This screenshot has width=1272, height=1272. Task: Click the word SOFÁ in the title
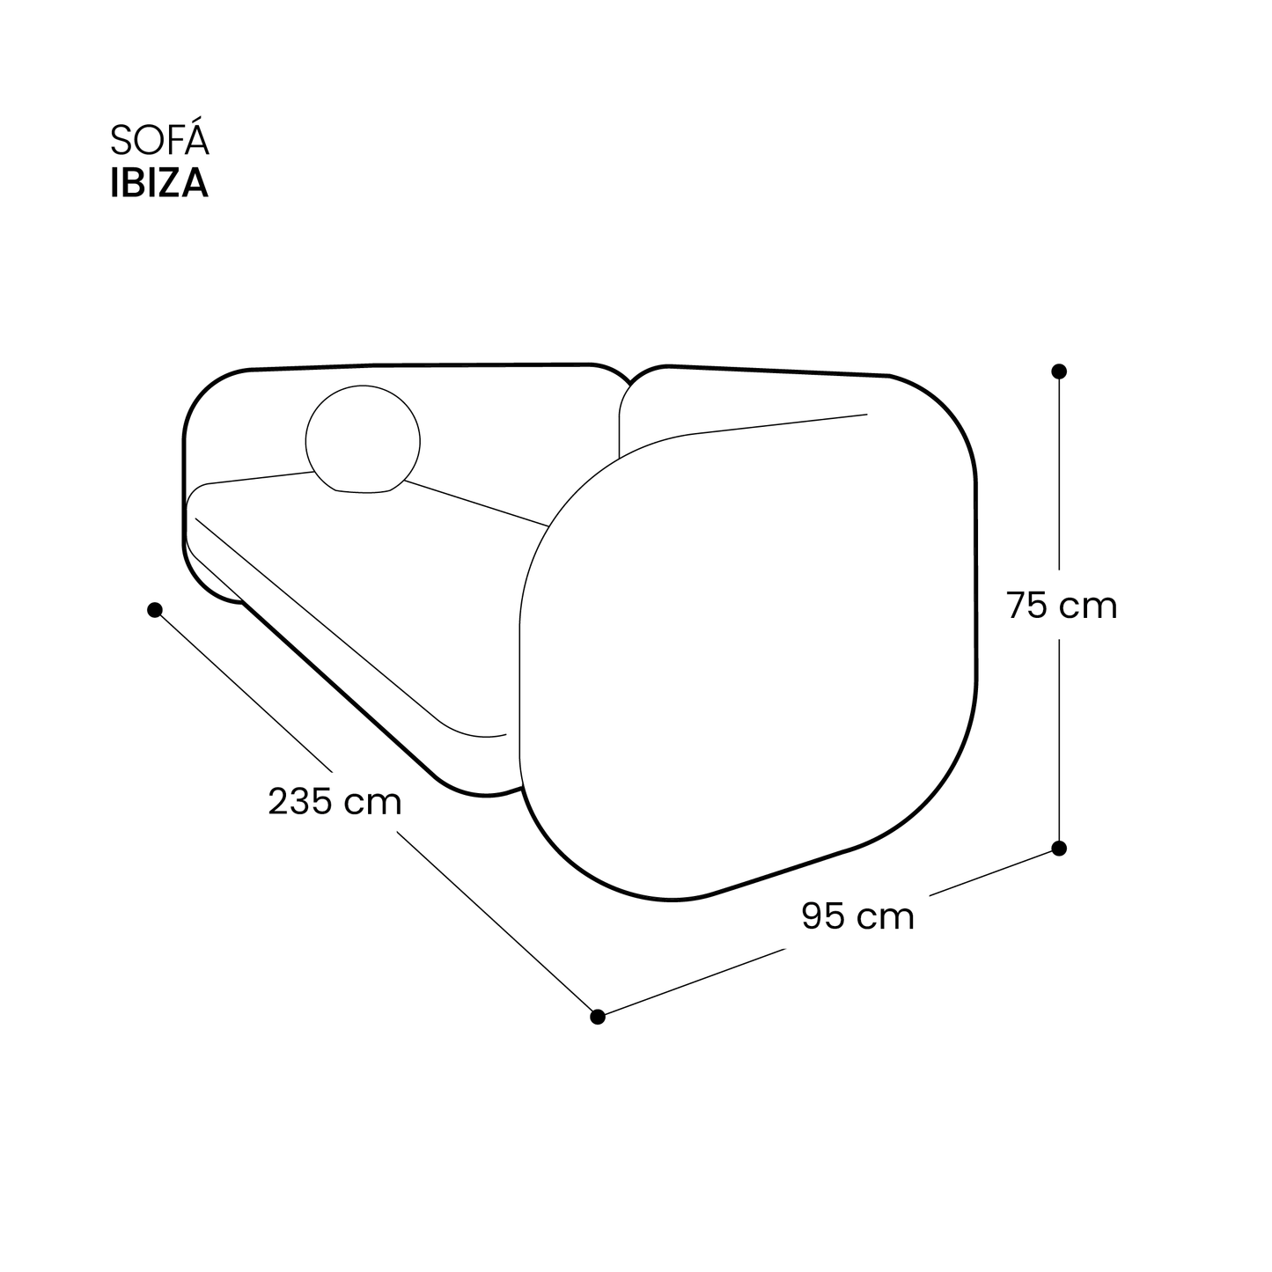click(159, 143)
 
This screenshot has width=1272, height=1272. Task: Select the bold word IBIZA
click(159, 183)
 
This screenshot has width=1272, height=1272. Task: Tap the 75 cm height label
click(1062, 607)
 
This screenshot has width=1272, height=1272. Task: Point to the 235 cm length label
click(335, 802)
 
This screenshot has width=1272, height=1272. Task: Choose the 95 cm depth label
click(857, 916)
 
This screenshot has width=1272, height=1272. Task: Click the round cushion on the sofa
click(363, 438)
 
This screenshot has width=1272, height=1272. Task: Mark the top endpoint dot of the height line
click(1059, 371)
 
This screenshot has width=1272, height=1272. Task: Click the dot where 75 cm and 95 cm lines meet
click(1059, 848)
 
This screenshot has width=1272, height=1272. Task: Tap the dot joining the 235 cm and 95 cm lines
click(598, 1017)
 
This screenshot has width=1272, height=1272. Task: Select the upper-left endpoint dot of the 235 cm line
click(155, 609)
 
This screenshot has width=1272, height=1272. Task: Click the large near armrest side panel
click(748, 660)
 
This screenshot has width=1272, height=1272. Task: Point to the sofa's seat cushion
click(370, 599)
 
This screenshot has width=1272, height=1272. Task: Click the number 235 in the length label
click(301, 802)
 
